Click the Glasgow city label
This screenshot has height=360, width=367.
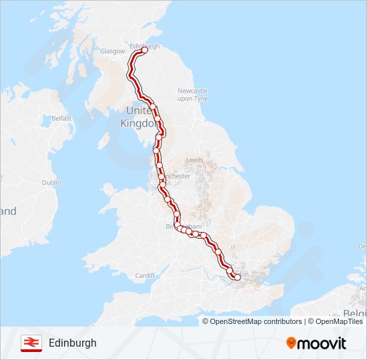112,51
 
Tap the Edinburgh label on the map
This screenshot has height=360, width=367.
146,46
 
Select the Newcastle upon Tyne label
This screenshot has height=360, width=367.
192,94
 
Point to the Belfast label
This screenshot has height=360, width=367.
61,118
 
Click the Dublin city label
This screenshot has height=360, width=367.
51,182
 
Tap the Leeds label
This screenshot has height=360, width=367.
195,160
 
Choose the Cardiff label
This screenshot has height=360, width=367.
145,275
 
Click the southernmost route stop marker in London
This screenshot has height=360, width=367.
237,277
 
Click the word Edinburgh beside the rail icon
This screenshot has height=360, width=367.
72,343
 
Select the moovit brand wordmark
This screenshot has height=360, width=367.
323,343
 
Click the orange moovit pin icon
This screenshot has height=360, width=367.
292,343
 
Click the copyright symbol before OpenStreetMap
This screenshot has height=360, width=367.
206,321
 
